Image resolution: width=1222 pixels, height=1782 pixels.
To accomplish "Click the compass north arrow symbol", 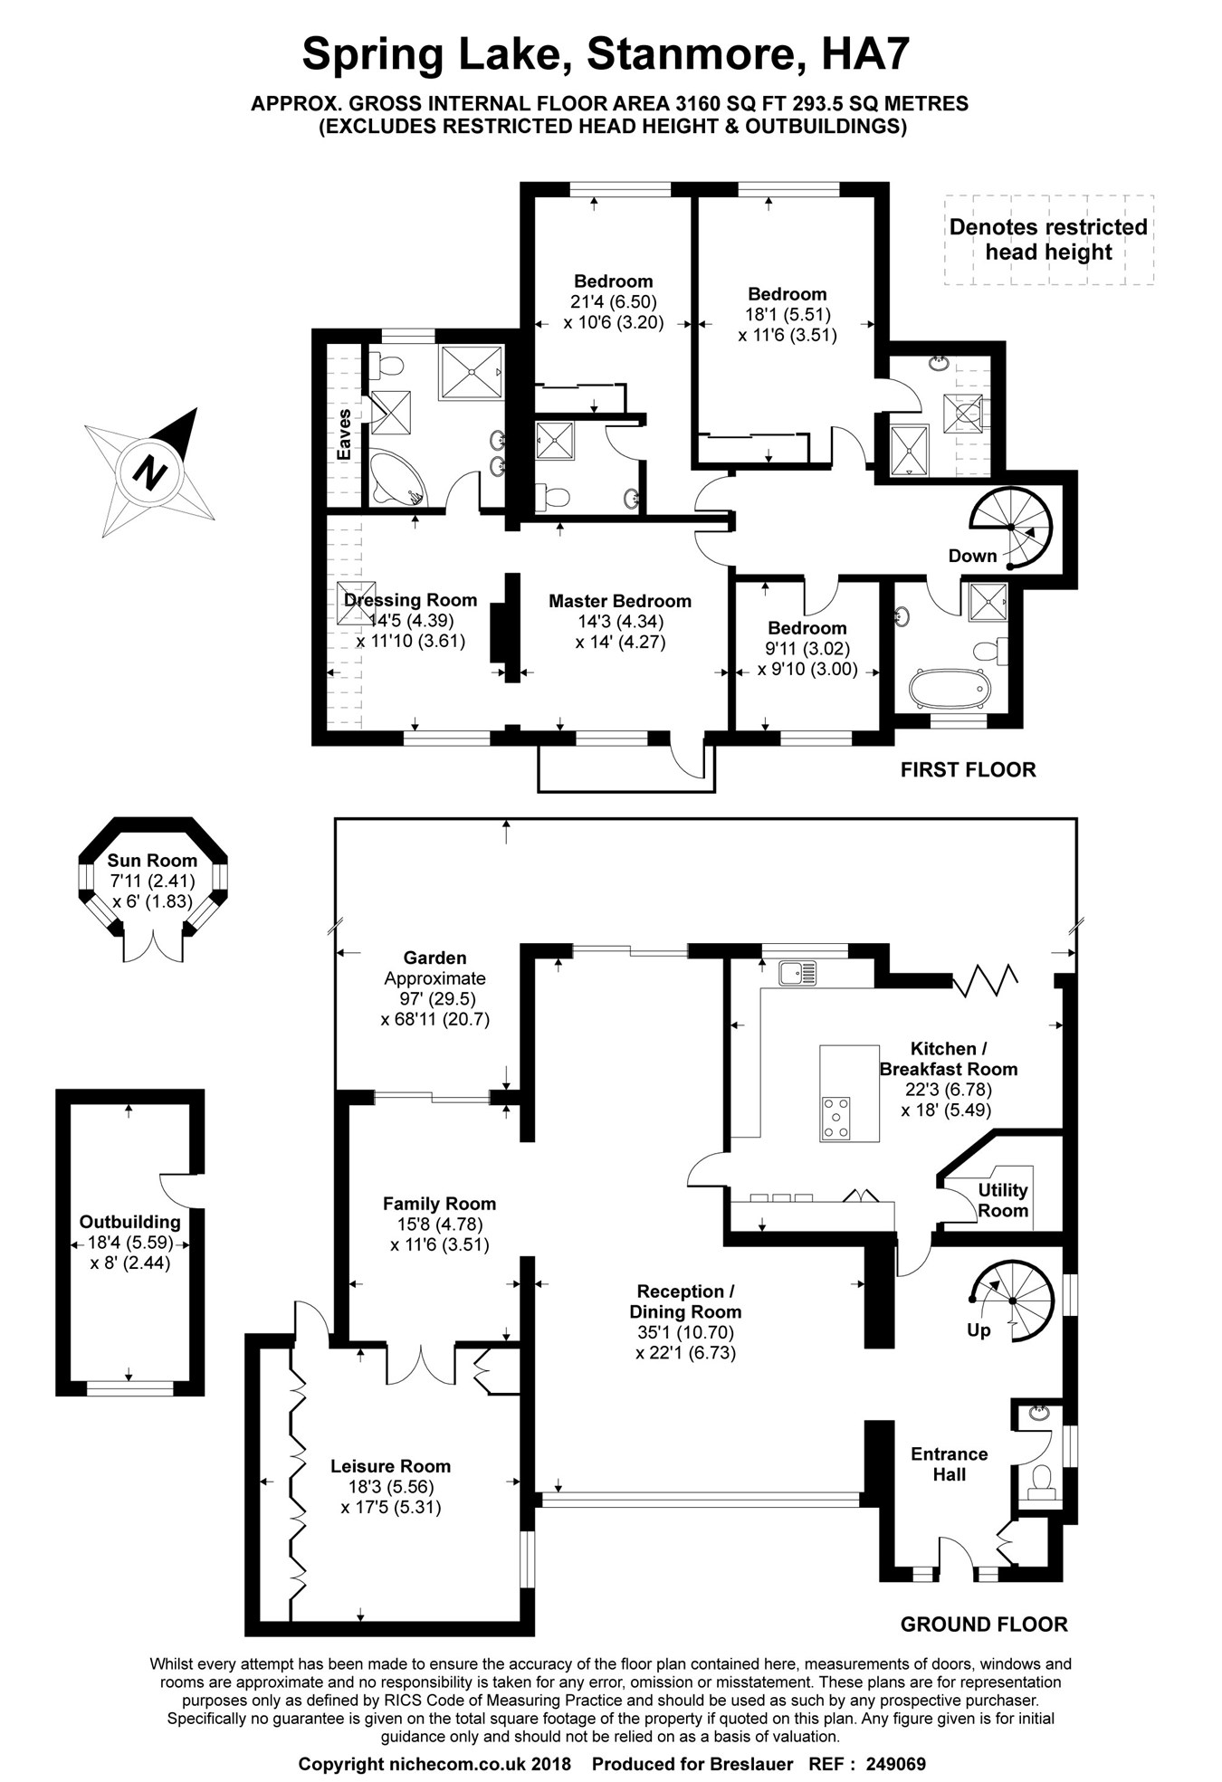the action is pos(150,472).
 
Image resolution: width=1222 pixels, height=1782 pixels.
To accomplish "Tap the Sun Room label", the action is pos(152,860).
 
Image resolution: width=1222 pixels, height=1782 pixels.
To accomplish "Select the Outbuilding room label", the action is pos(129,1221).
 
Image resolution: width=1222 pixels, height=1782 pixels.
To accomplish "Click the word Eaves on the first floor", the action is pos(344,434).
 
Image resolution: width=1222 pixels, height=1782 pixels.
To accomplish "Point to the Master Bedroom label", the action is pos(619,601).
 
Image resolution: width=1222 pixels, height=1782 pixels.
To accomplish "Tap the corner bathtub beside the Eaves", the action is pos(396,476).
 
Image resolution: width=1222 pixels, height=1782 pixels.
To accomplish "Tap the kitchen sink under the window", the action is pos(797,973).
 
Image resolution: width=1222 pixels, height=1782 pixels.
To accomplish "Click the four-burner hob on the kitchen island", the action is pos(835,1117).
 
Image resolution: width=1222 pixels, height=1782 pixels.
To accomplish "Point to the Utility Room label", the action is pos(1003,1200).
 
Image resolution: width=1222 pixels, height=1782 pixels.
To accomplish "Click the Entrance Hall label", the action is pos(949,1463).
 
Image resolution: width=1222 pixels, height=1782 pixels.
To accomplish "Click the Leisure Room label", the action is pos(390,1466).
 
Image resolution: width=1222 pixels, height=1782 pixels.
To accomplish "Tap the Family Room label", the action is pos(439,1204).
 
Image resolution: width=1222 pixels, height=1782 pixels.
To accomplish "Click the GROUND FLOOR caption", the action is pos(983,1625).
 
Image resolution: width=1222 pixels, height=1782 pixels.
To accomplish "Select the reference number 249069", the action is pos(895,1764).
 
